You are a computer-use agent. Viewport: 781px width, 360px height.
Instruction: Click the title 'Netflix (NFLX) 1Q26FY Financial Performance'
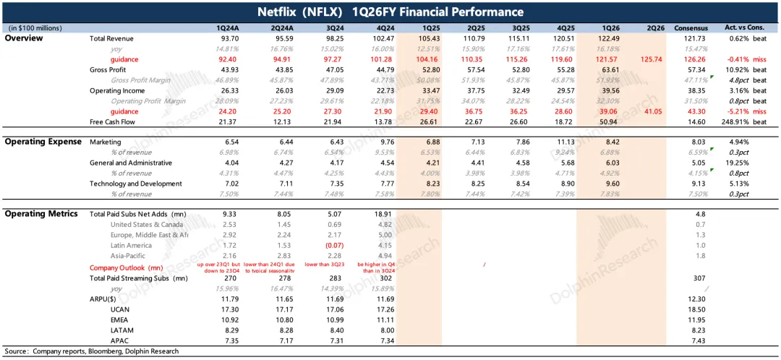(x=390, y=12)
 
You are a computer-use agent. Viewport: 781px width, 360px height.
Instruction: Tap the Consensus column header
(x=691, y=27)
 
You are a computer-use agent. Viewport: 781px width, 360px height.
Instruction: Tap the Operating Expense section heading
(x=43, y=142)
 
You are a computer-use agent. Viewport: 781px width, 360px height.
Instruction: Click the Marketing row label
(x=106, y=142)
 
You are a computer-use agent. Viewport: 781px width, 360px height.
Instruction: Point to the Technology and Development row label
(x=136, y=184)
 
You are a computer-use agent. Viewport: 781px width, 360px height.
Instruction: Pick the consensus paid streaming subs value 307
(x=699, y=278)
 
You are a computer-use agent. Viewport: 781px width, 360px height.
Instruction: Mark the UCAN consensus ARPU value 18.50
(x=699, y=309)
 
